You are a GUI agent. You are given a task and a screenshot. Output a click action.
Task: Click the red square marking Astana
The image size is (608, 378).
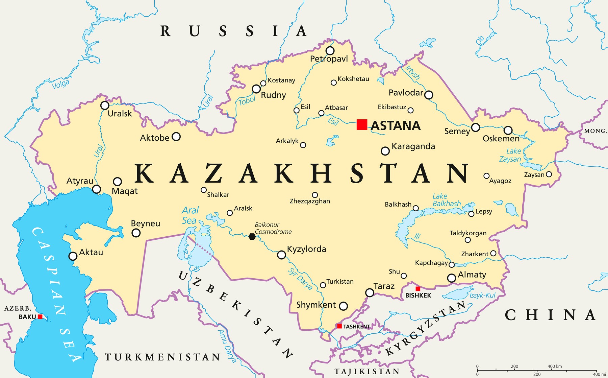pos(362,124)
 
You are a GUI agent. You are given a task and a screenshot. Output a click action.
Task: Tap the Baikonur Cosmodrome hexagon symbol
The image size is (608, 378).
pos(252,237)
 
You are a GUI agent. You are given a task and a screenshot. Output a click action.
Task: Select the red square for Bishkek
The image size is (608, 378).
pos(418,289)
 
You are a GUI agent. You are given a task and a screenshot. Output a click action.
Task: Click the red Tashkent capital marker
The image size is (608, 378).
pos(339,326)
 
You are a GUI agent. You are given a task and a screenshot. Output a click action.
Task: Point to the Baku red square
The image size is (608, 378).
pos(40,317)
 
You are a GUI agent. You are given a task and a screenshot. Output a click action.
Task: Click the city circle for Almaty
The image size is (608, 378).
pos(452,278)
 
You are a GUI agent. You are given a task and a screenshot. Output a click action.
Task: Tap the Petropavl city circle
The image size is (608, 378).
pos(330,51)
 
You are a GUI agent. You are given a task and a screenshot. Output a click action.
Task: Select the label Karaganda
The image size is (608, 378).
pos(413,146)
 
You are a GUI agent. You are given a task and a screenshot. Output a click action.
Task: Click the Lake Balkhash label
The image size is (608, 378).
pos(446,200)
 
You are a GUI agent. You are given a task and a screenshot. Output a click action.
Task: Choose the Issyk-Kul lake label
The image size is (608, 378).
pos(482,296)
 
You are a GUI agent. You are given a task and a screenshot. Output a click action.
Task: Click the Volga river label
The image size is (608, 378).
pos(61,84)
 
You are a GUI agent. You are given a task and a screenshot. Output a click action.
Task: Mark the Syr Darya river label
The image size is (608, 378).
pos(300,279)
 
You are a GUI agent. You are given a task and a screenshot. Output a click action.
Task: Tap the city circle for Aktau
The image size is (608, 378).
pos(73,256)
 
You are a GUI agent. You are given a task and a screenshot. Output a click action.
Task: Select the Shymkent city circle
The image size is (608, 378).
pos(343,306)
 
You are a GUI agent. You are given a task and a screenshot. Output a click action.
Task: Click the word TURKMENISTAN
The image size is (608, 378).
pos(162,357)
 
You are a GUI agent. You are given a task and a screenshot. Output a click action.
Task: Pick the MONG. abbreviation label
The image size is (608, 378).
pos(595,131)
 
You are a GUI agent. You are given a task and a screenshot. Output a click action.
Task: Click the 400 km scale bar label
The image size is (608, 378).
pos(554,366)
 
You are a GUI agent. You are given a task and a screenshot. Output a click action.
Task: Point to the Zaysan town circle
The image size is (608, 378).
pos(549,174)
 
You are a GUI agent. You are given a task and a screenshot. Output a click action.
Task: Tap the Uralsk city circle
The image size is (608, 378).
pos(105,105)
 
